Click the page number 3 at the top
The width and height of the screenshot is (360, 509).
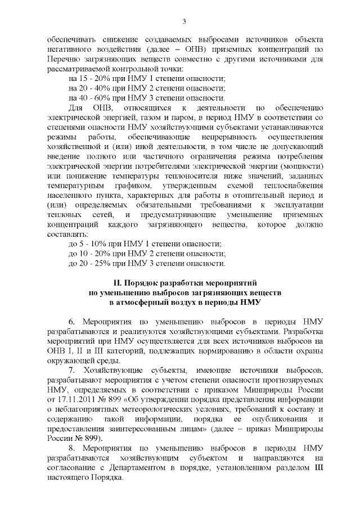pos(184,21)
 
